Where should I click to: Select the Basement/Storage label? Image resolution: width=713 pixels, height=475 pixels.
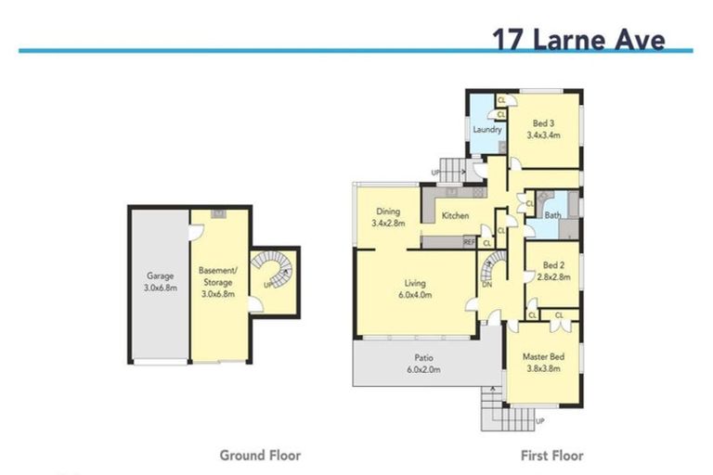[219, 276]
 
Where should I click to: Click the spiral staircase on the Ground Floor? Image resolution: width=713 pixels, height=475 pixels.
[273, 272]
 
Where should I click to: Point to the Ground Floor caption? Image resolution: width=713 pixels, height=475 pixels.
[260, 456]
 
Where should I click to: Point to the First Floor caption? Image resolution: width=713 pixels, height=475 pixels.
[552, 456]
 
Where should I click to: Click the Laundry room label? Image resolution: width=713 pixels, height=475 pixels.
[487, 130]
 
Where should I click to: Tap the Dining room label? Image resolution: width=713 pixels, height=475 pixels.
[386, 211]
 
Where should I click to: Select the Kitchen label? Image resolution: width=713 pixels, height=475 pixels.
[455, 216]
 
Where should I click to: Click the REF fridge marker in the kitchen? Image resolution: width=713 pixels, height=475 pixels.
[470, 242]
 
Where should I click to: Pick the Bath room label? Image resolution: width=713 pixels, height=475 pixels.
[552, 216]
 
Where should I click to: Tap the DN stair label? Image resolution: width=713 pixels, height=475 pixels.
[486, 285]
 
